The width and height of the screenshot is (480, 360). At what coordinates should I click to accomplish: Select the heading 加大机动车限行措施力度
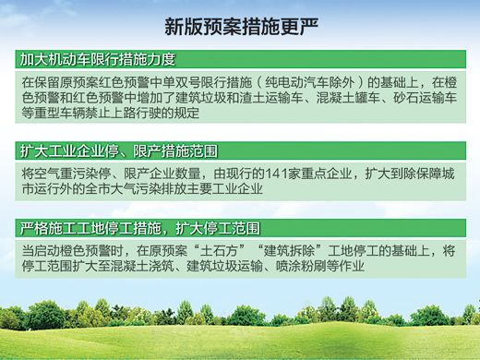[98, 60]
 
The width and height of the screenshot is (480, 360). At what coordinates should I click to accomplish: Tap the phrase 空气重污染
[70, 172]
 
